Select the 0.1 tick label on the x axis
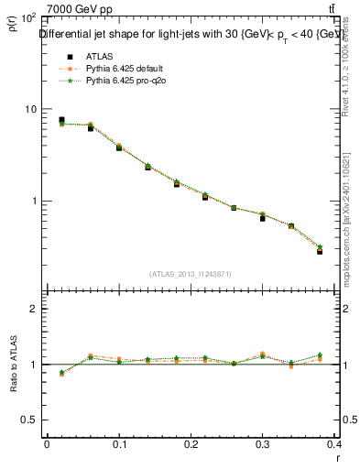[119, 443]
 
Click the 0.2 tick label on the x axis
[191, 443]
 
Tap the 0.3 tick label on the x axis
[264, 443]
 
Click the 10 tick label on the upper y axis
[28, 109]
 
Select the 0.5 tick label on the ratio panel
[28, 420]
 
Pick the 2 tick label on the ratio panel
[33, 309]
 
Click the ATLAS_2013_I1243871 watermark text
[190, 274]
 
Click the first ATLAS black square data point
[61, 120]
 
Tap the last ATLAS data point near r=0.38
[320, 251]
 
